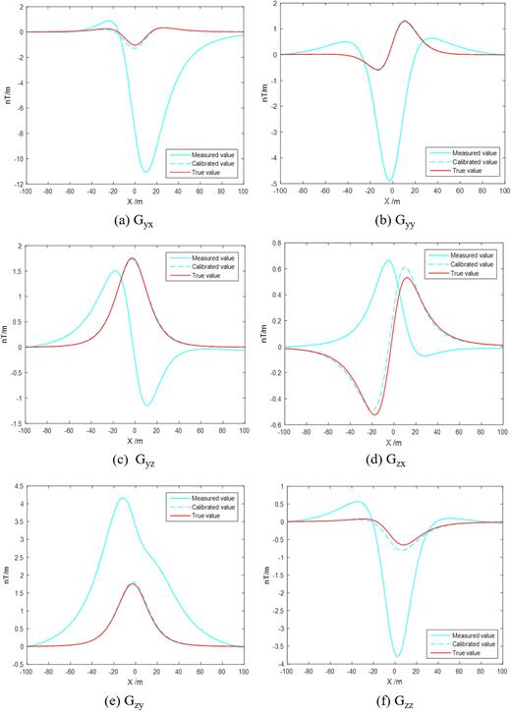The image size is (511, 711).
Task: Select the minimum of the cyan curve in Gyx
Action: pyautogui.click(x=145, y=172)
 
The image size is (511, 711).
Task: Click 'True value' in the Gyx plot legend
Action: pyautogui.click(x=209, y=173)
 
